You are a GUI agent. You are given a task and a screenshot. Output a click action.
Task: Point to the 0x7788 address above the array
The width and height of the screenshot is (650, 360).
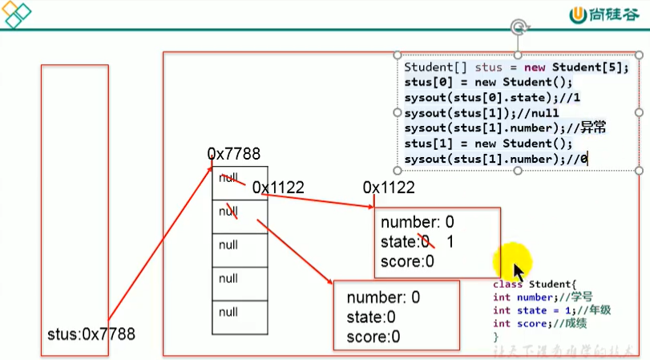pos(234,154)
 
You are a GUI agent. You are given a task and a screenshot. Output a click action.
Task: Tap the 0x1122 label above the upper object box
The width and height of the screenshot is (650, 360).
pos(389,188)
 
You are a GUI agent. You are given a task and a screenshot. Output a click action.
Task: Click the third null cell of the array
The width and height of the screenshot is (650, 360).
pos(228,244)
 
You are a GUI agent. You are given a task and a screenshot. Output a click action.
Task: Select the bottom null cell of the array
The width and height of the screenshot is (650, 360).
pos(228,312)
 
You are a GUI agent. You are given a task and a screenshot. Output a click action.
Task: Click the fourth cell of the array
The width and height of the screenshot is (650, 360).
pos(228,278)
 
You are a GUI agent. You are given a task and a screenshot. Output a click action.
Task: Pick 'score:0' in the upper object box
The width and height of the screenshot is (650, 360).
pos(407,261)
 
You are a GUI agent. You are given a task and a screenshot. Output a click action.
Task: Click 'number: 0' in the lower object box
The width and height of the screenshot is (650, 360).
pos(383,297)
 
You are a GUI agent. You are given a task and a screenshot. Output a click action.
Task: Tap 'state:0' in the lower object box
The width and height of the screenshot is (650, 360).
pos(371,318)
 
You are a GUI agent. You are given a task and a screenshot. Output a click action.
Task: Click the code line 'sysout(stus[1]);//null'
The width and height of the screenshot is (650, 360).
pos(482,113)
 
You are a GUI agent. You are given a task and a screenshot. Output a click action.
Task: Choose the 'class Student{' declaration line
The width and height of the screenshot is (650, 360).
pos(535,285)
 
